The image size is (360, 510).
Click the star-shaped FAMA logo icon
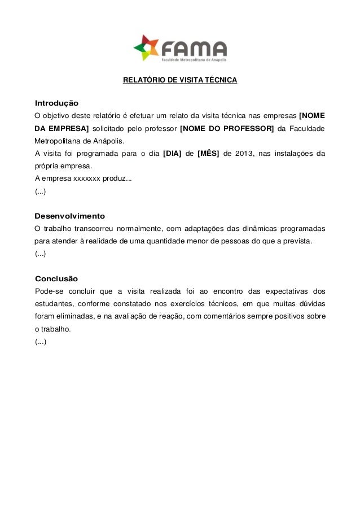coord(146,47)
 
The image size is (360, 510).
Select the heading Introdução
coord(56,104)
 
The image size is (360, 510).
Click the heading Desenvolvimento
coord(70,216)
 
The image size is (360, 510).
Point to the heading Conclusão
coord(56,279)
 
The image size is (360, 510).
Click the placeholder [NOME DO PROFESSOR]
coord(226,128)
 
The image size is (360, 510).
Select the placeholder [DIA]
coord(172,154)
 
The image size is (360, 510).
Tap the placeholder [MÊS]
coord(208,154)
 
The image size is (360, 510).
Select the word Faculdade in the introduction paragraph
coord(308,128)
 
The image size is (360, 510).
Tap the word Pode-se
coord(49,291)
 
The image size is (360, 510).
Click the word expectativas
coord(283,291)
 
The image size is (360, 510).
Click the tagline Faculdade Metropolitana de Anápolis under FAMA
coord(193,58)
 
